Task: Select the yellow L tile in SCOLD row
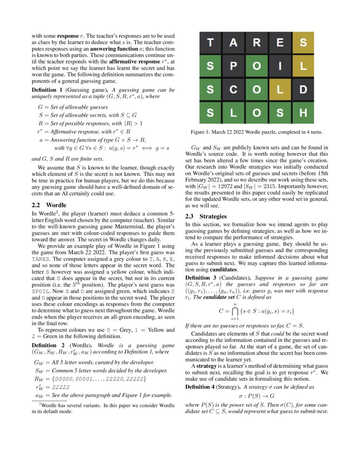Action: [280, 90]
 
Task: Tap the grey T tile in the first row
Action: [210, 42]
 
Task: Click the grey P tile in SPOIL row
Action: [233, 66]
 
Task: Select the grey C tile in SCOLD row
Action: [233, 90]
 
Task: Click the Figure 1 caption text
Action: [256, 133]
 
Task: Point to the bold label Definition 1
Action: [47, 90]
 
